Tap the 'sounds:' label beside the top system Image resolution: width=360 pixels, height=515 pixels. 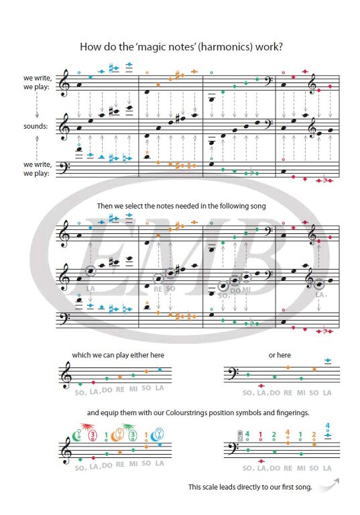click(36, 126)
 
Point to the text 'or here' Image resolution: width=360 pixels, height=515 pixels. click(280, 355)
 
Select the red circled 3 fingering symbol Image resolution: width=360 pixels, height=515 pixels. click(93, 435)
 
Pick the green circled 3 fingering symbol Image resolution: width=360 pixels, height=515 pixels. click(133, 435)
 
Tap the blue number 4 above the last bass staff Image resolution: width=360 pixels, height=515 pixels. click(327, 426)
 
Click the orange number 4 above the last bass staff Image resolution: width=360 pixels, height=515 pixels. click(288, 433)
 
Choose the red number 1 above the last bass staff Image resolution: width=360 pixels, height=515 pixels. click(261, 435)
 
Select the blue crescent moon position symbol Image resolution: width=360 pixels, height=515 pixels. click(154, 436)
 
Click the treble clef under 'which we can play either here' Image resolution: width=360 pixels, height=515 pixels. click(66, 376)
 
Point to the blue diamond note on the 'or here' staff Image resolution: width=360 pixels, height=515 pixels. click(327, 361)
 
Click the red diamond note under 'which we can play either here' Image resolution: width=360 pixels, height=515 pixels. click(93, 382)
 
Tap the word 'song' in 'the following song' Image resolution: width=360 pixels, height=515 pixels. click(259, 207)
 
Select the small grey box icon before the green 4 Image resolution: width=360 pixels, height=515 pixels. click(240, 435)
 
